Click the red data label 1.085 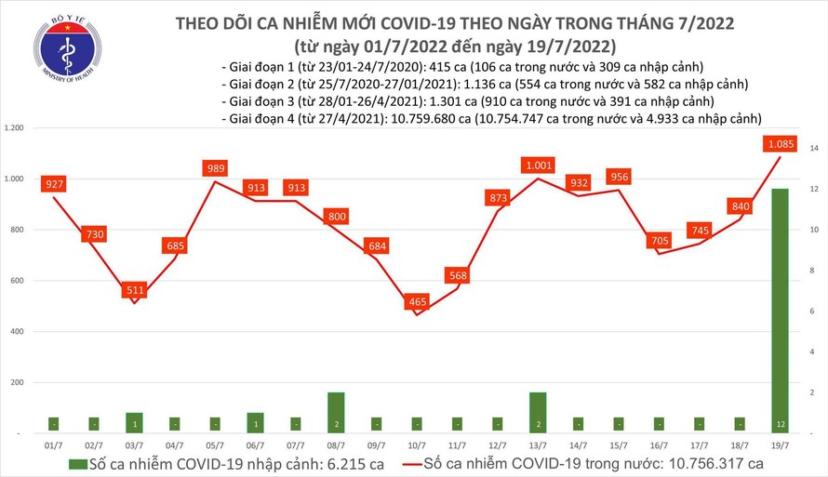click(x=780, y=144)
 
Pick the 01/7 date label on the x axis click(x=54, y=446)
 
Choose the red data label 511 click(x=135, y=290)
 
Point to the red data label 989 click(x=215, y=168)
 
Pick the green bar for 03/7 click(x=135, y=420)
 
